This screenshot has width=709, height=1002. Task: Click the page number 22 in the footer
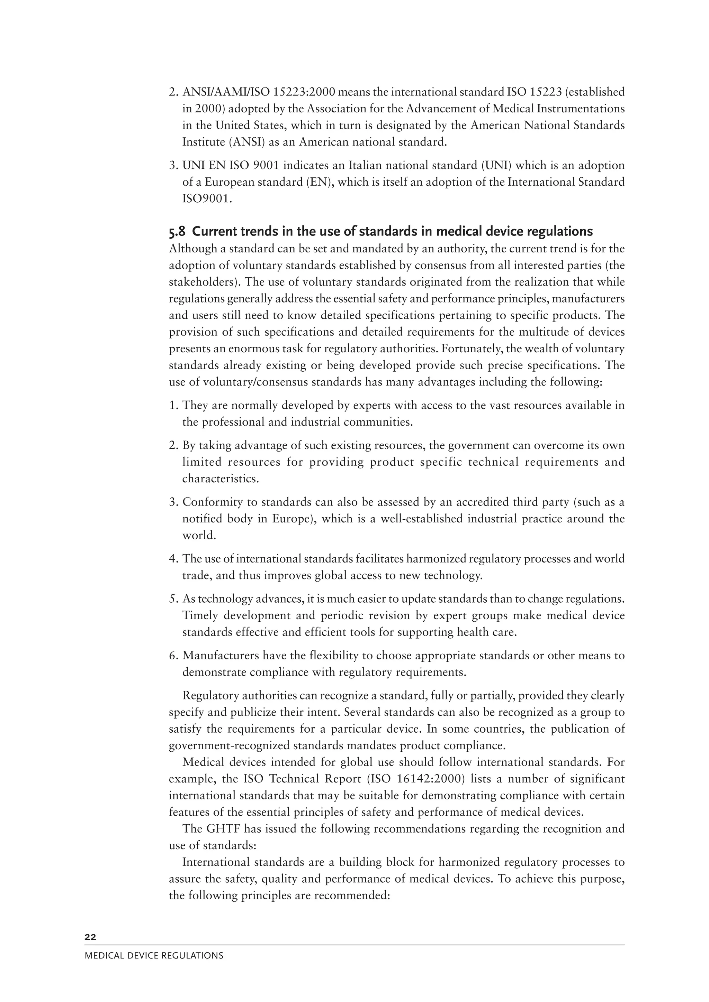pyautogui.click(x=90, y=937)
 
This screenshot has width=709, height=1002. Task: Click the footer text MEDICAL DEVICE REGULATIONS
pyautogui.click(x=154, y=956)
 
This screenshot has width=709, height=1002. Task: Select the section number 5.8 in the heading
pyautogui.click(x=177, y=231)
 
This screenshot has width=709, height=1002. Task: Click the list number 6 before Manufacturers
pyautogui.click(x=172, y=656)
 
